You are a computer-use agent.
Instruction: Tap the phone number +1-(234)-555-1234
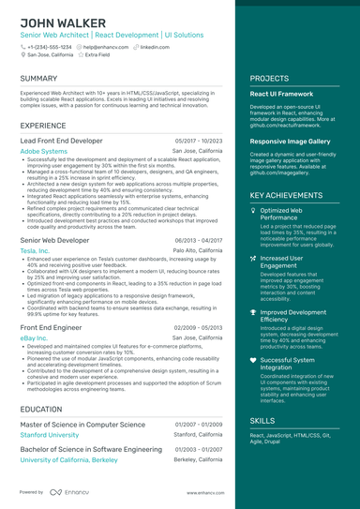[x=49, y=46]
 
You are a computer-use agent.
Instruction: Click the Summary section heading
[x=38, y=79]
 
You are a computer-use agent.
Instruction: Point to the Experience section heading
[x=43, y=125]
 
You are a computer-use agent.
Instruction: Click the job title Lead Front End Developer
[x=61, y=140]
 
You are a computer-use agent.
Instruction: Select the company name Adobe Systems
[x=43, y=150]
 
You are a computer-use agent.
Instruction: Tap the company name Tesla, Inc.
[x=35, y=251]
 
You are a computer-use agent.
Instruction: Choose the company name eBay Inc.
[x=33, y=337]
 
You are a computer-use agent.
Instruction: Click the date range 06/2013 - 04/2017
[x=198, y=241]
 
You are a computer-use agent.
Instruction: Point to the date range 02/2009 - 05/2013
[x=198, y=327]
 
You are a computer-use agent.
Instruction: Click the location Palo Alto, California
[x=198, y=251]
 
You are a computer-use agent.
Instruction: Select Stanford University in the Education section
[x=50, y=435]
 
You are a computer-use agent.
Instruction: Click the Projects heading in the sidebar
[x=269, y=79]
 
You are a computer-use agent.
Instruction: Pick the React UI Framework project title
[x=281, y=95]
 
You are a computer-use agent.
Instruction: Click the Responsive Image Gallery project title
[x=291, y=141]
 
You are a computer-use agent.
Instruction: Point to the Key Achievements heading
[x=287, y=195]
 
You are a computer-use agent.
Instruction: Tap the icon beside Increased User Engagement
[x=254, y=257]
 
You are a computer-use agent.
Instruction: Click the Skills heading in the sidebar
[x=263, y=421]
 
